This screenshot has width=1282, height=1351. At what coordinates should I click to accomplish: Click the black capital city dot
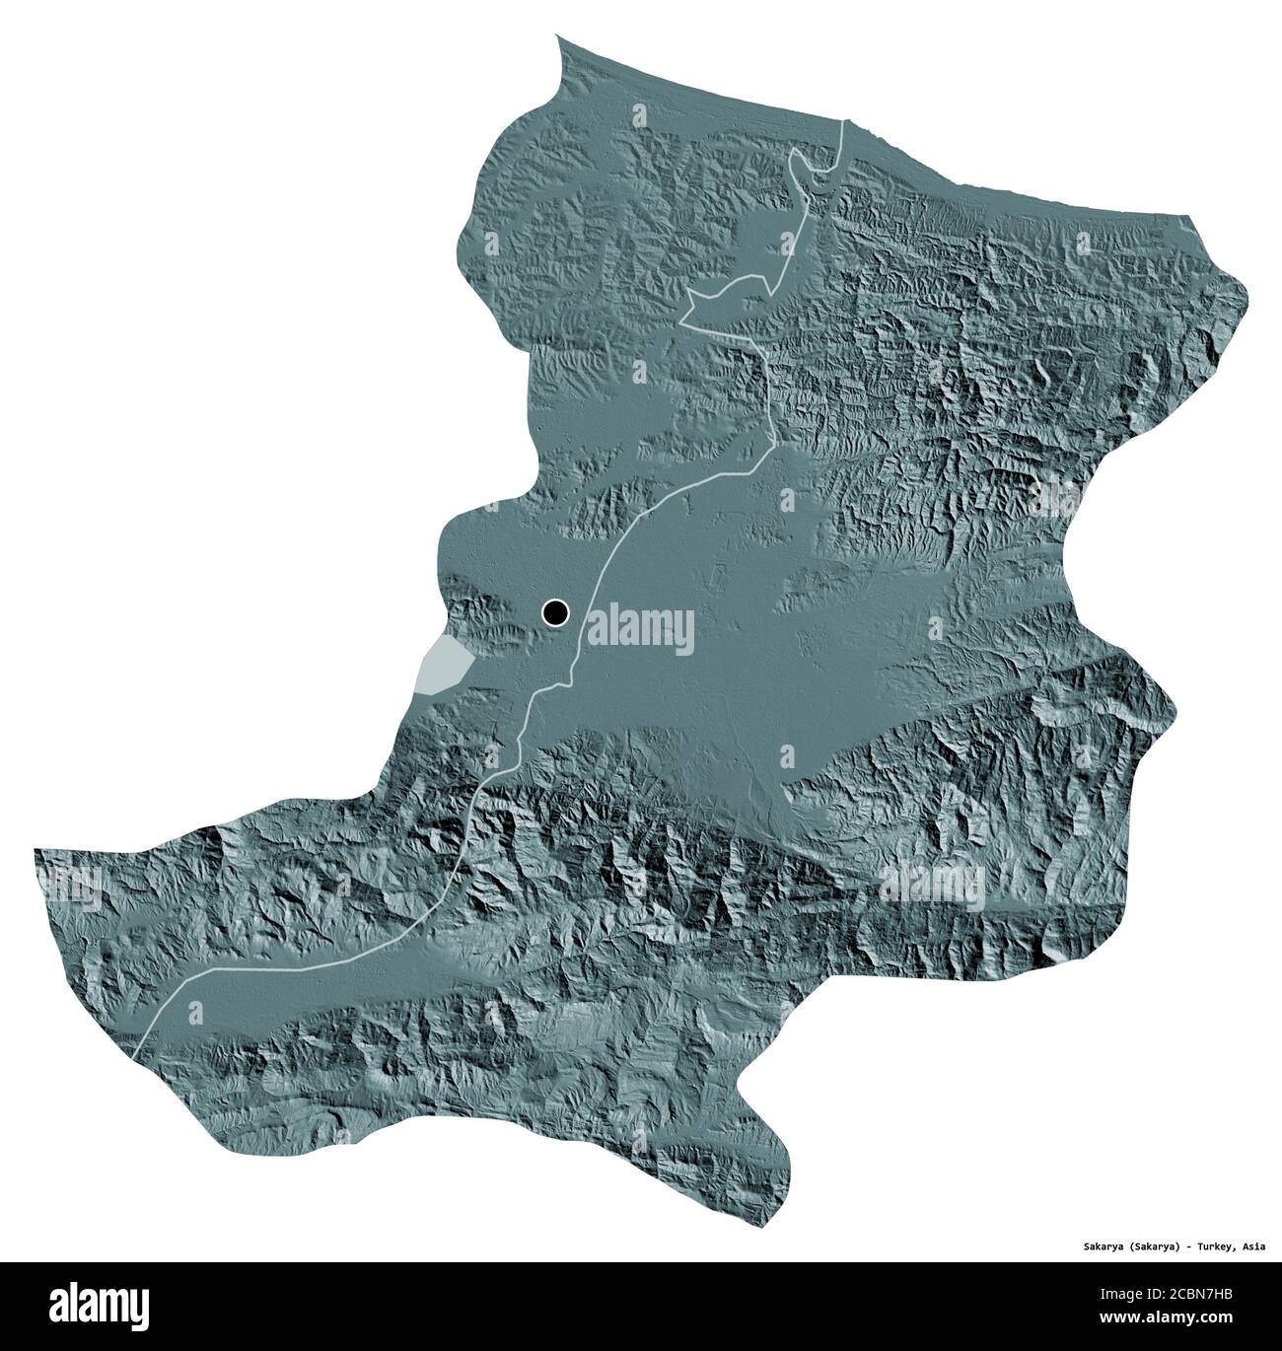point(555,613)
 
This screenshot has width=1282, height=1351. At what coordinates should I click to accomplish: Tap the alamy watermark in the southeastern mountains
point(932,883)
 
